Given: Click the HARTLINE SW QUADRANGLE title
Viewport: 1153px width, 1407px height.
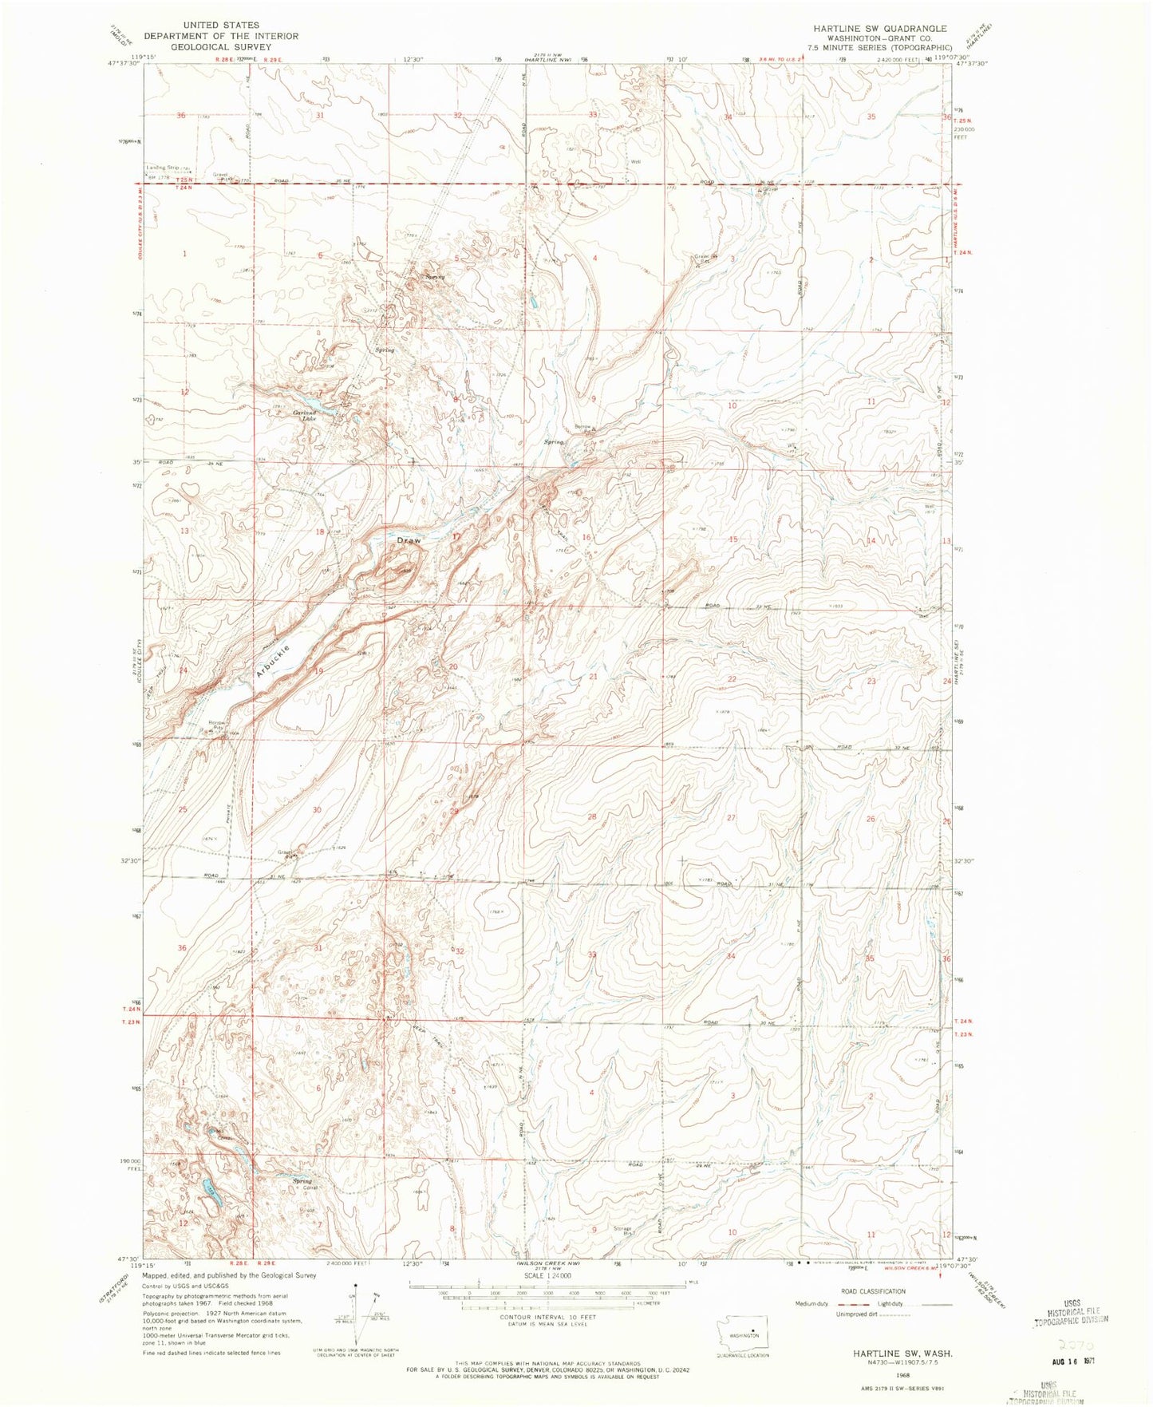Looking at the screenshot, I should [869, 28].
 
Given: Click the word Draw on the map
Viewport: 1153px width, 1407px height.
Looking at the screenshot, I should [409, 540].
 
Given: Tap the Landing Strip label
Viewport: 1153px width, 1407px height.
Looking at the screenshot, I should [162, 168].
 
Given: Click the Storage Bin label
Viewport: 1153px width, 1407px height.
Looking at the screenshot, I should [622, 1230].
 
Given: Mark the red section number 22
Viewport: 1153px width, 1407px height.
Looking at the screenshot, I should [732, 679].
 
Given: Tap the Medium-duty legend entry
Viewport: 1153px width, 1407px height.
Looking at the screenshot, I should [812, 1304].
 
